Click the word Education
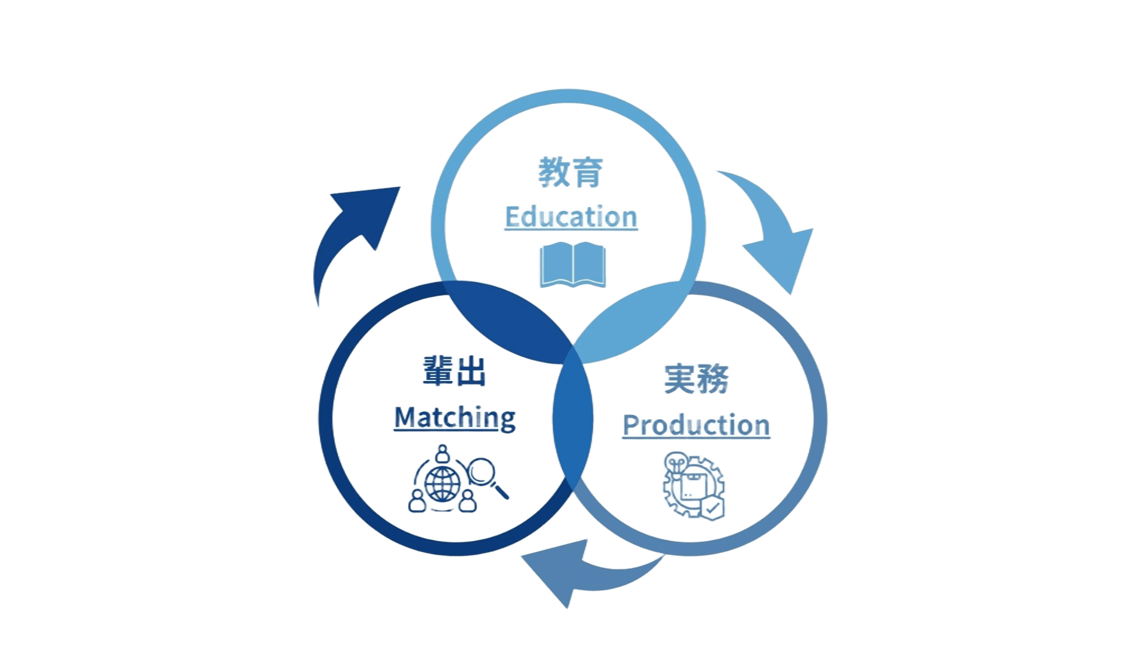pyautogui.click(x=571, y=217)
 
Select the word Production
pyautogui.click(x=696, y=425)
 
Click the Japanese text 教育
pyautogui.click(x=569, y=173)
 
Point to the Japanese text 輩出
pyautogui.click(x=454, y=372)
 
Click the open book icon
pyautogui.click(x=572, y=265)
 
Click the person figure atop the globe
pyautogui.click(x=442, y=453)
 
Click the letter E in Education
pyautogui.click(x=511, y=217)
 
